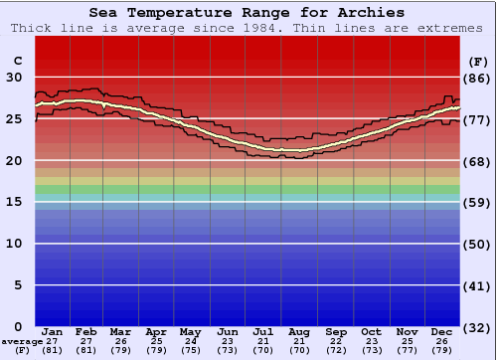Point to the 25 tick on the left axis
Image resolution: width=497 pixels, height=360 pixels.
click(16, 119)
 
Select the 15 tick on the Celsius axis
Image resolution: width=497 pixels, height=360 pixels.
click(16, 202)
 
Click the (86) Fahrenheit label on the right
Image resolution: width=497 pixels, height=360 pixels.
click(476, 78)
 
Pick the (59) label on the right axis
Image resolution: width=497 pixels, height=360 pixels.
click(476, 202)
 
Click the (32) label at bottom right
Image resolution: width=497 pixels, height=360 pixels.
click(476, 326)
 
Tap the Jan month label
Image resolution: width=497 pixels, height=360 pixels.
click(53, 331)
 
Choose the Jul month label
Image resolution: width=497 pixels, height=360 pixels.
click(263, 331)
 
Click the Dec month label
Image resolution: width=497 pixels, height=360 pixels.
click(442, 331)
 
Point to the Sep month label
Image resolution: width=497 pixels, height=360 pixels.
click(335, 331)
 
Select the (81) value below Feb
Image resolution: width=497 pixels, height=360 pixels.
click(87, 351)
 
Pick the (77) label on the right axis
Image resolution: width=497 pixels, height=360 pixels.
click(476, 119)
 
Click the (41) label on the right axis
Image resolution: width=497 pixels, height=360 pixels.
click(476, 284)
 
